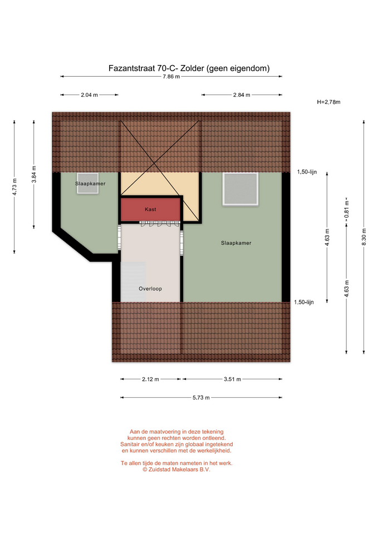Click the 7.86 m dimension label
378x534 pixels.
[x=171, y=77]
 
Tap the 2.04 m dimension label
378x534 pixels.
[x=89, y=95]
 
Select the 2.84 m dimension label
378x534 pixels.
[x=242, y=95]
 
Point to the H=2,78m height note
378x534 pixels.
[x=328, y=102]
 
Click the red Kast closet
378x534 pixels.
[x=150, y=210]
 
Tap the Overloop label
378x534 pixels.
[x=150, y=289]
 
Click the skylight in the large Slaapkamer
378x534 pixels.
[x=240, y=189]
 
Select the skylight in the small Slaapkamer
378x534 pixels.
[x=87, y=183]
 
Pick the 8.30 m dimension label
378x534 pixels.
[x=364, y=237]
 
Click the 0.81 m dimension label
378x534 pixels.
[x=346, y=210]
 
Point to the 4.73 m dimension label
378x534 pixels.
[x=14, y=187]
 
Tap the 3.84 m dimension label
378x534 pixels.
[x=34, y=174]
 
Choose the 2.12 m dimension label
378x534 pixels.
[x=150, y=379]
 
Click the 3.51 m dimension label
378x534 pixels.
[x=233, y=379]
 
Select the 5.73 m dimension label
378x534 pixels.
[x=201, y=397]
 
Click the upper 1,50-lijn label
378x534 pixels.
[x=307, y=172]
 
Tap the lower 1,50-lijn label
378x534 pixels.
[x=304, y=302]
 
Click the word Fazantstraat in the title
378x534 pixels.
[x=131, y=68]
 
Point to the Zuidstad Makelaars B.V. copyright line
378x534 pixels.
[x=176, y=469]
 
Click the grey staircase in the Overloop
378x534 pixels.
[x=133, y=281]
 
